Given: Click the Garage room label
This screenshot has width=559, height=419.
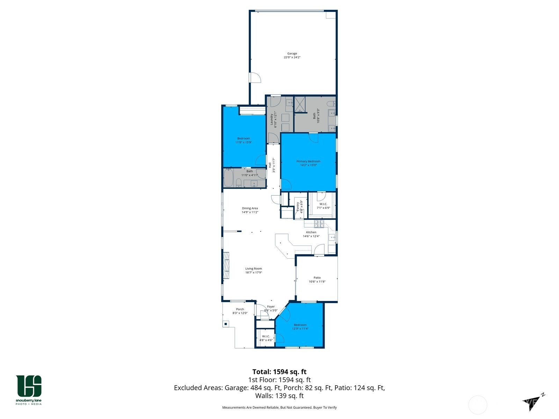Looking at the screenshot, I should [292, 54].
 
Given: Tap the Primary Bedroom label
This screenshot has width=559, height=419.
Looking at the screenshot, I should [308, 161].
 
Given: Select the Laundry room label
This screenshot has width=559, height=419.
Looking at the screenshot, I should [271, 119].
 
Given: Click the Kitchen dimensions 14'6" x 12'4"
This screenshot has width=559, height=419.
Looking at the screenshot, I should [311, 236].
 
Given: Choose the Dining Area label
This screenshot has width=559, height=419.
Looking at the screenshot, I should [250, 208].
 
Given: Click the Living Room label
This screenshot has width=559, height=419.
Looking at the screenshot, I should [253, 269].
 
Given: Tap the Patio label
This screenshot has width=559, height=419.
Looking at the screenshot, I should [317, 278].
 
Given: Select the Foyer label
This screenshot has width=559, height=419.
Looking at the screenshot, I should [271, 307].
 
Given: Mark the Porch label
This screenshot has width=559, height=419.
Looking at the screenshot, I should [240, 309].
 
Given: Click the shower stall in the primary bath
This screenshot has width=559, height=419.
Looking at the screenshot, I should [300, 104].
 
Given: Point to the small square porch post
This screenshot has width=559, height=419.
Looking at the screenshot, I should [226, 324].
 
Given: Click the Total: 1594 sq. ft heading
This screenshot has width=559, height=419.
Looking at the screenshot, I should [279, 372].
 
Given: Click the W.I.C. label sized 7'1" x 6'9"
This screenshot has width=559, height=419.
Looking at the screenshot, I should [323, 204].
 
